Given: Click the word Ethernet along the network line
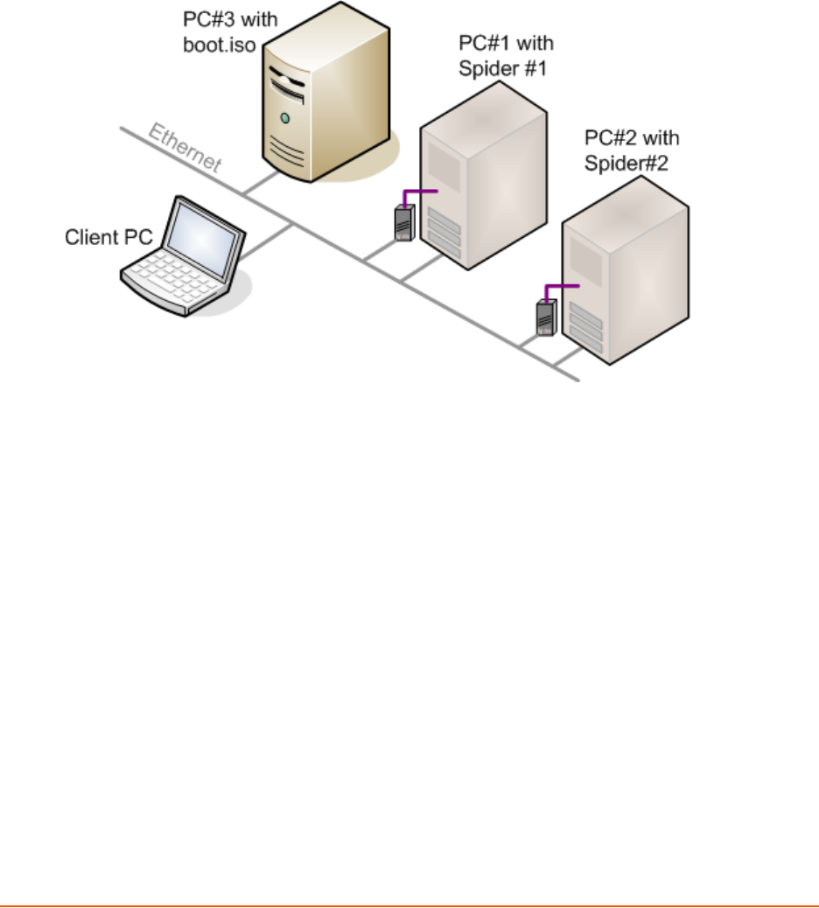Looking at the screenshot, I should tap(185, 148).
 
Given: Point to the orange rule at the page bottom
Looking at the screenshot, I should tap(409, 905).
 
